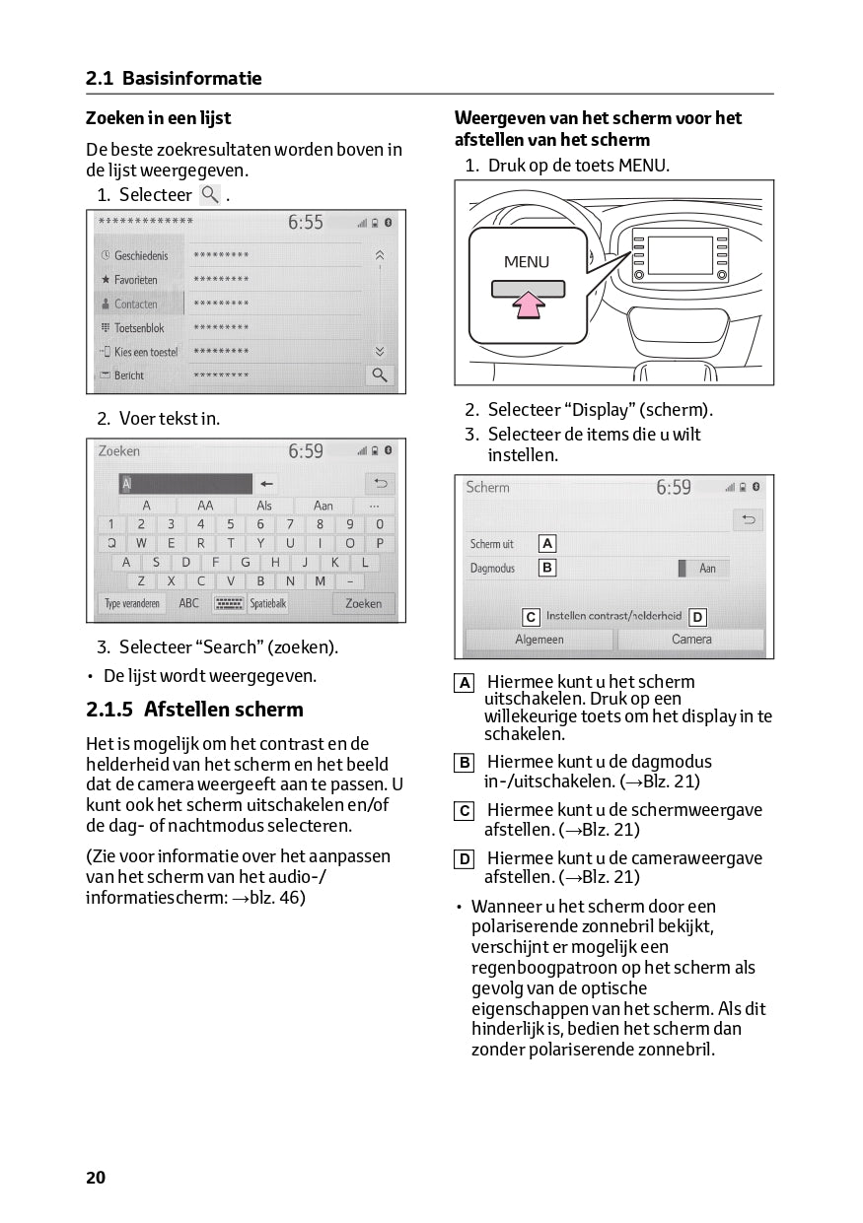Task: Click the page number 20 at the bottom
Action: coord(96,1177)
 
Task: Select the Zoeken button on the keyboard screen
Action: coord(363,603)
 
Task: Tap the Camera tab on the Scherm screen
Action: coord(691,640)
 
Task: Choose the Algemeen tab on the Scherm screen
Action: coord(539,640)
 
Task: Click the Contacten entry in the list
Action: coord(135,304)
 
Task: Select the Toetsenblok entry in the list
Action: coord(138,328)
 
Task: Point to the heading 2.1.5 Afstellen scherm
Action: coord(194,710)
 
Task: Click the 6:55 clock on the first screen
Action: coord(306,223)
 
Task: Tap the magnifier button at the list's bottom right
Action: coord(379,374)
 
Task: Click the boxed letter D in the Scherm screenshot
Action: coord(697,617)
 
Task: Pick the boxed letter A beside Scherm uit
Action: coord(546,543)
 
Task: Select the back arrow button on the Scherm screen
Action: coord(749,519)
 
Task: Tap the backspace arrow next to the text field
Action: coord(267,484)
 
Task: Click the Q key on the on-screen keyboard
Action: coord(111,543)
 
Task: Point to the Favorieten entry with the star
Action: coord(135,280)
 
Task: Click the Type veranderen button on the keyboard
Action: coord(132,603)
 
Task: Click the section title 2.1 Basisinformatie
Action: coord(174,78)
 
